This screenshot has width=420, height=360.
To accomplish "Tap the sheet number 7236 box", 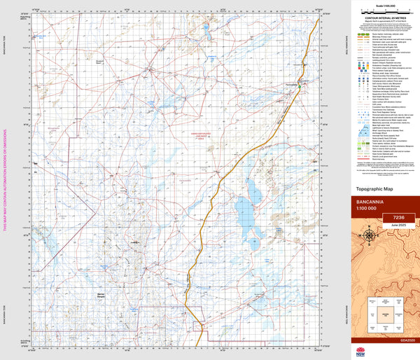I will [398, 218].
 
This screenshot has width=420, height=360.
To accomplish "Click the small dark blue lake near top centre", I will [208, 29].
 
